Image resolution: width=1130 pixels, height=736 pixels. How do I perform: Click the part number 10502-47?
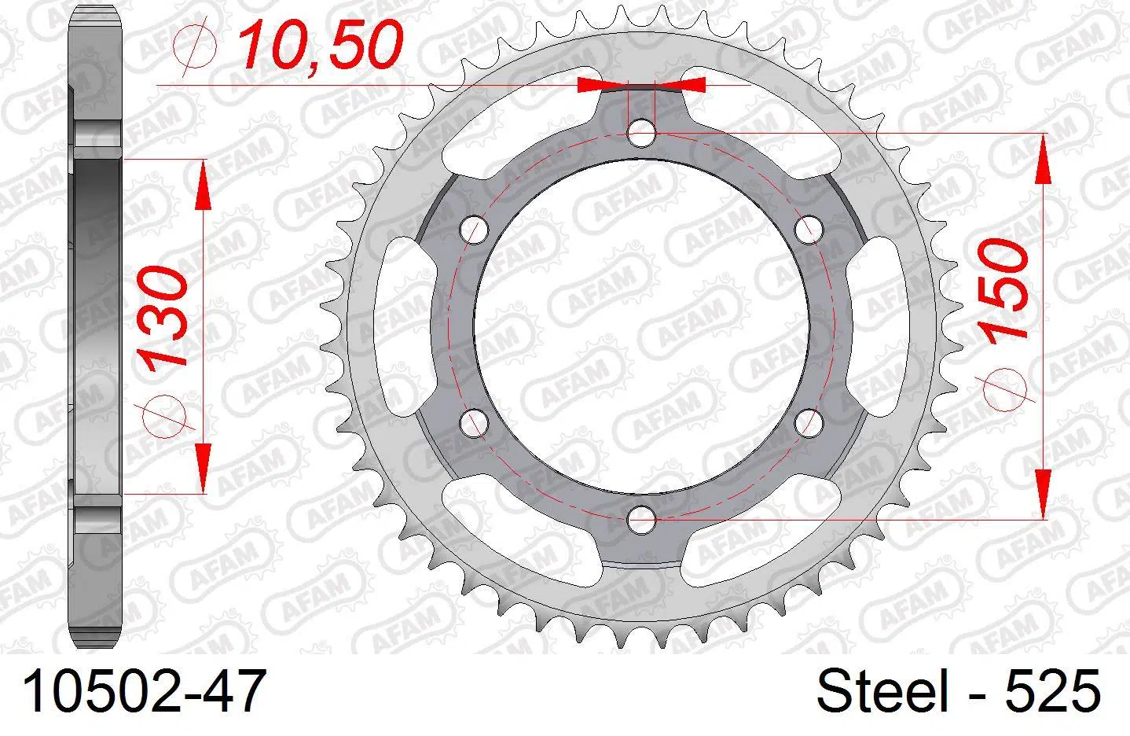pos(143,691)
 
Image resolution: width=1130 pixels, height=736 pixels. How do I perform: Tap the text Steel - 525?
pos(958,690)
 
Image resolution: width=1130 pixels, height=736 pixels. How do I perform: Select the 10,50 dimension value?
pos(320,45)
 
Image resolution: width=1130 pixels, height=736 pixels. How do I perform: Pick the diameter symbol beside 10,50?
pos(195,46)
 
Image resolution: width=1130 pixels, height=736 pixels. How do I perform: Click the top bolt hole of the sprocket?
pos(641,133)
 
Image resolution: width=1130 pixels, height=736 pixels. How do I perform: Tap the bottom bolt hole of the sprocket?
pos(641,520)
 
